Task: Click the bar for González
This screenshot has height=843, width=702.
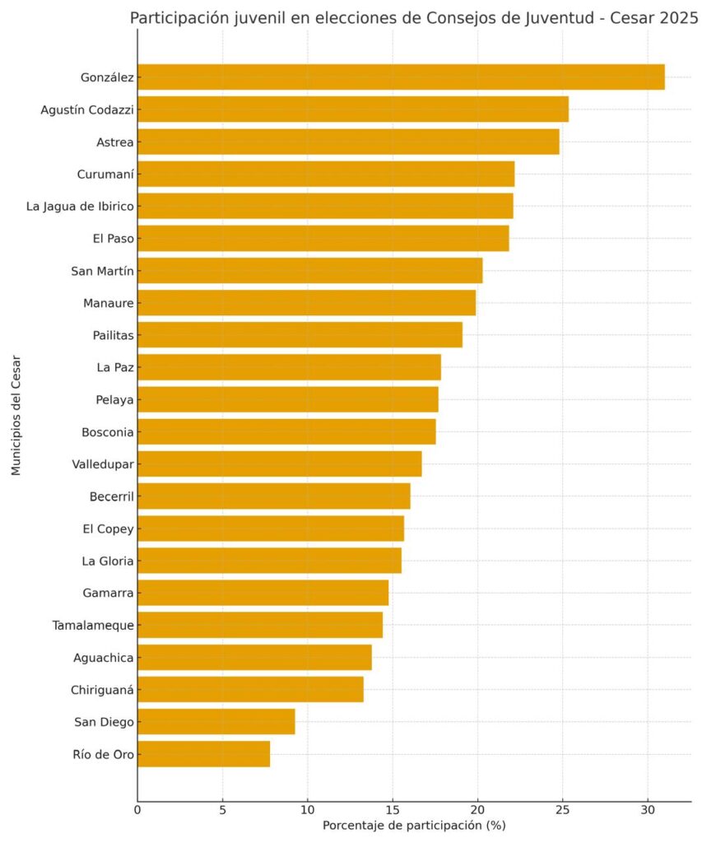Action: [401, 77]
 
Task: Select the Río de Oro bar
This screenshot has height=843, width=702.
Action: [204, 754]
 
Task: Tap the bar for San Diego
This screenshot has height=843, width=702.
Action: [216, 721]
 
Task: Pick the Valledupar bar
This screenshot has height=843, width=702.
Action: [280, 464]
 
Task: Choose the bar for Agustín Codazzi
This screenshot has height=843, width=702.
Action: [353, 109]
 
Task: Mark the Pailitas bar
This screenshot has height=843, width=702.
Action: [300, 335]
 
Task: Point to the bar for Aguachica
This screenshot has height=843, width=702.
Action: [255, 657]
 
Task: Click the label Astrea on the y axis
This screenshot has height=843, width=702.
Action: [115, 142]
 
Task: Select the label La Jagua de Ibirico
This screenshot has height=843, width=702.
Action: [80, 207]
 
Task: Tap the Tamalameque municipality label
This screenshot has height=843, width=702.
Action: [93, 626]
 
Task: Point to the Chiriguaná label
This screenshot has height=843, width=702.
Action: [102, 690]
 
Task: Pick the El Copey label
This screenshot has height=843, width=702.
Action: [108, 529]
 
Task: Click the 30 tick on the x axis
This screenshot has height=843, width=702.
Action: [648, 810]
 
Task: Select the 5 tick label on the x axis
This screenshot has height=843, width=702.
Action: [222, 810]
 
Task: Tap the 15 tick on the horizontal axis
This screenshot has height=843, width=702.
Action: [393, 810]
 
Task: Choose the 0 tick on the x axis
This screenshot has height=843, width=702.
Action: [137, 810]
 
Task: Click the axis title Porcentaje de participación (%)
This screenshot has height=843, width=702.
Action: [414, 825]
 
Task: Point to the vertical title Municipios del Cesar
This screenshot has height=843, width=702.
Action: [16, 415]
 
